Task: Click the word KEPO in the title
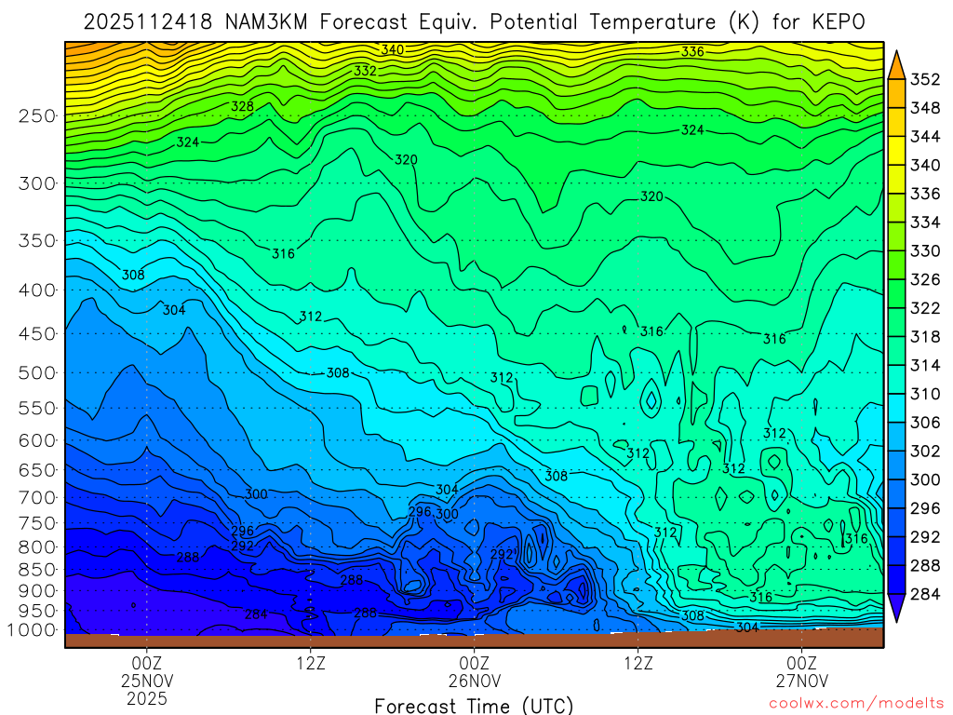[843, 20]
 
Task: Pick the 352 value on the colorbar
[923, 80]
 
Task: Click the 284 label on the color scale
[923, 594]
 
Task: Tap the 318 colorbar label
[923, 337]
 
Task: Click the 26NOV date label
[475, 680]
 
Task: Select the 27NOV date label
[802, 680]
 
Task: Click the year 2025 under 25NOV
[147, 697]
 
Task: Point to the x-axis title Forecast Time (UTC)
[474, 705]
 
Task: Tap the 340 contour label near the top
[392, 49]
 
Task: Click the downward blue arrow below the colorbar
[897, 610]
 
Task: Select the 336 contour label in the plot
[692, 52]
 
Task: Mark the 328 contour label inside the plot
[242, 107]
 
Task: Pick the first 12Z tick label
[310, 663]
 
